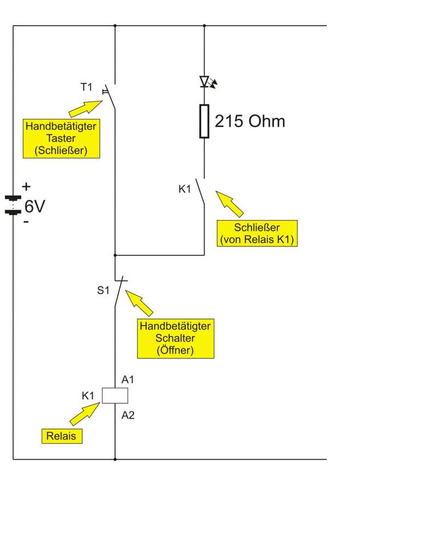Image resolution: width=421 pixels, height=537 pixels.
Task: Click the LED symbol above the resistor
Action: coord(206,83)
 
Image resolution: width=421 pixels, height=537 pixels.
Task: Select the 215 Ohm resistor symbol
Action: coord(204,121)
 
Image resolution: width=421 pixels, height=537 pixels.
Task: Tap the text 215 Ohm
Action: coord(249,121)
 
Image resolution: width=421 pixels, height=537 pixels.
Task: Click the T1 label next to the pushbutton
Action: coord(87,87)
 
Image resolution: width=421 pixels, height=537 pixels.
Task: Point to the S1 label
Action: coord(104,290)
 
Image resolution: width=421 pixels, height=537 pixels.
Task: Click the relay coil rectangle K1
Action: coord(115,395)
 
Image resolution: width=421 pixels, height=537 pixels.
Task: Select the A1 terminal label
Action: coord(128,379)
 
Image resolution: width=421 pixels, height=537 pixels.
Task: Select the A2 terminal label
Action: coord(128,415)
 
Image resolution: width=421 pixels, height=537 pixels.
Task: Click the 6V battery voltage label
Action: coord(35,207)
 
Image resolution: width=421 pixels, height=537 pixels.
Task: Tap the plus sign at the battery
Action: coord(26,187)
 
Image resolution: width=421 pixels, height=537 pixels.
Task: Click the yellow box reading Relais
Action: coord(62,436)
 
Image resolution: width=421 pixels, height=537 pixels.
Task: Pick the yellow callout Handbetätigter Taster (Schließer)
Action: coord(61,139)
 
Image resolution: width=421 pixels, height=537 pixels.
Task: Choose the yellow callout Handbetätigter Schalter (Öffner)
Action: coord(175,338)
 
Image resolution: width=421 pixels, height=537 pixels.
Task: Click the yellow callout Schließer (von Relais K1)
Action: coord(257,233)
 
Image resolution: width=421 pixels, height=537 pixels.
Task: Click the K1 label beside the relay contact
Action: coord(185,189)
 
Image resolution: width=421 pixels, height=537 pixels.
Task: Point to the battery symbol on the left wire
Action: coord(13,204)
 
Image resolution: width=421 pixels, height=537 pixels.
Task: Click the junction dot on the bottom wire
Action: coord(115,459)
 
